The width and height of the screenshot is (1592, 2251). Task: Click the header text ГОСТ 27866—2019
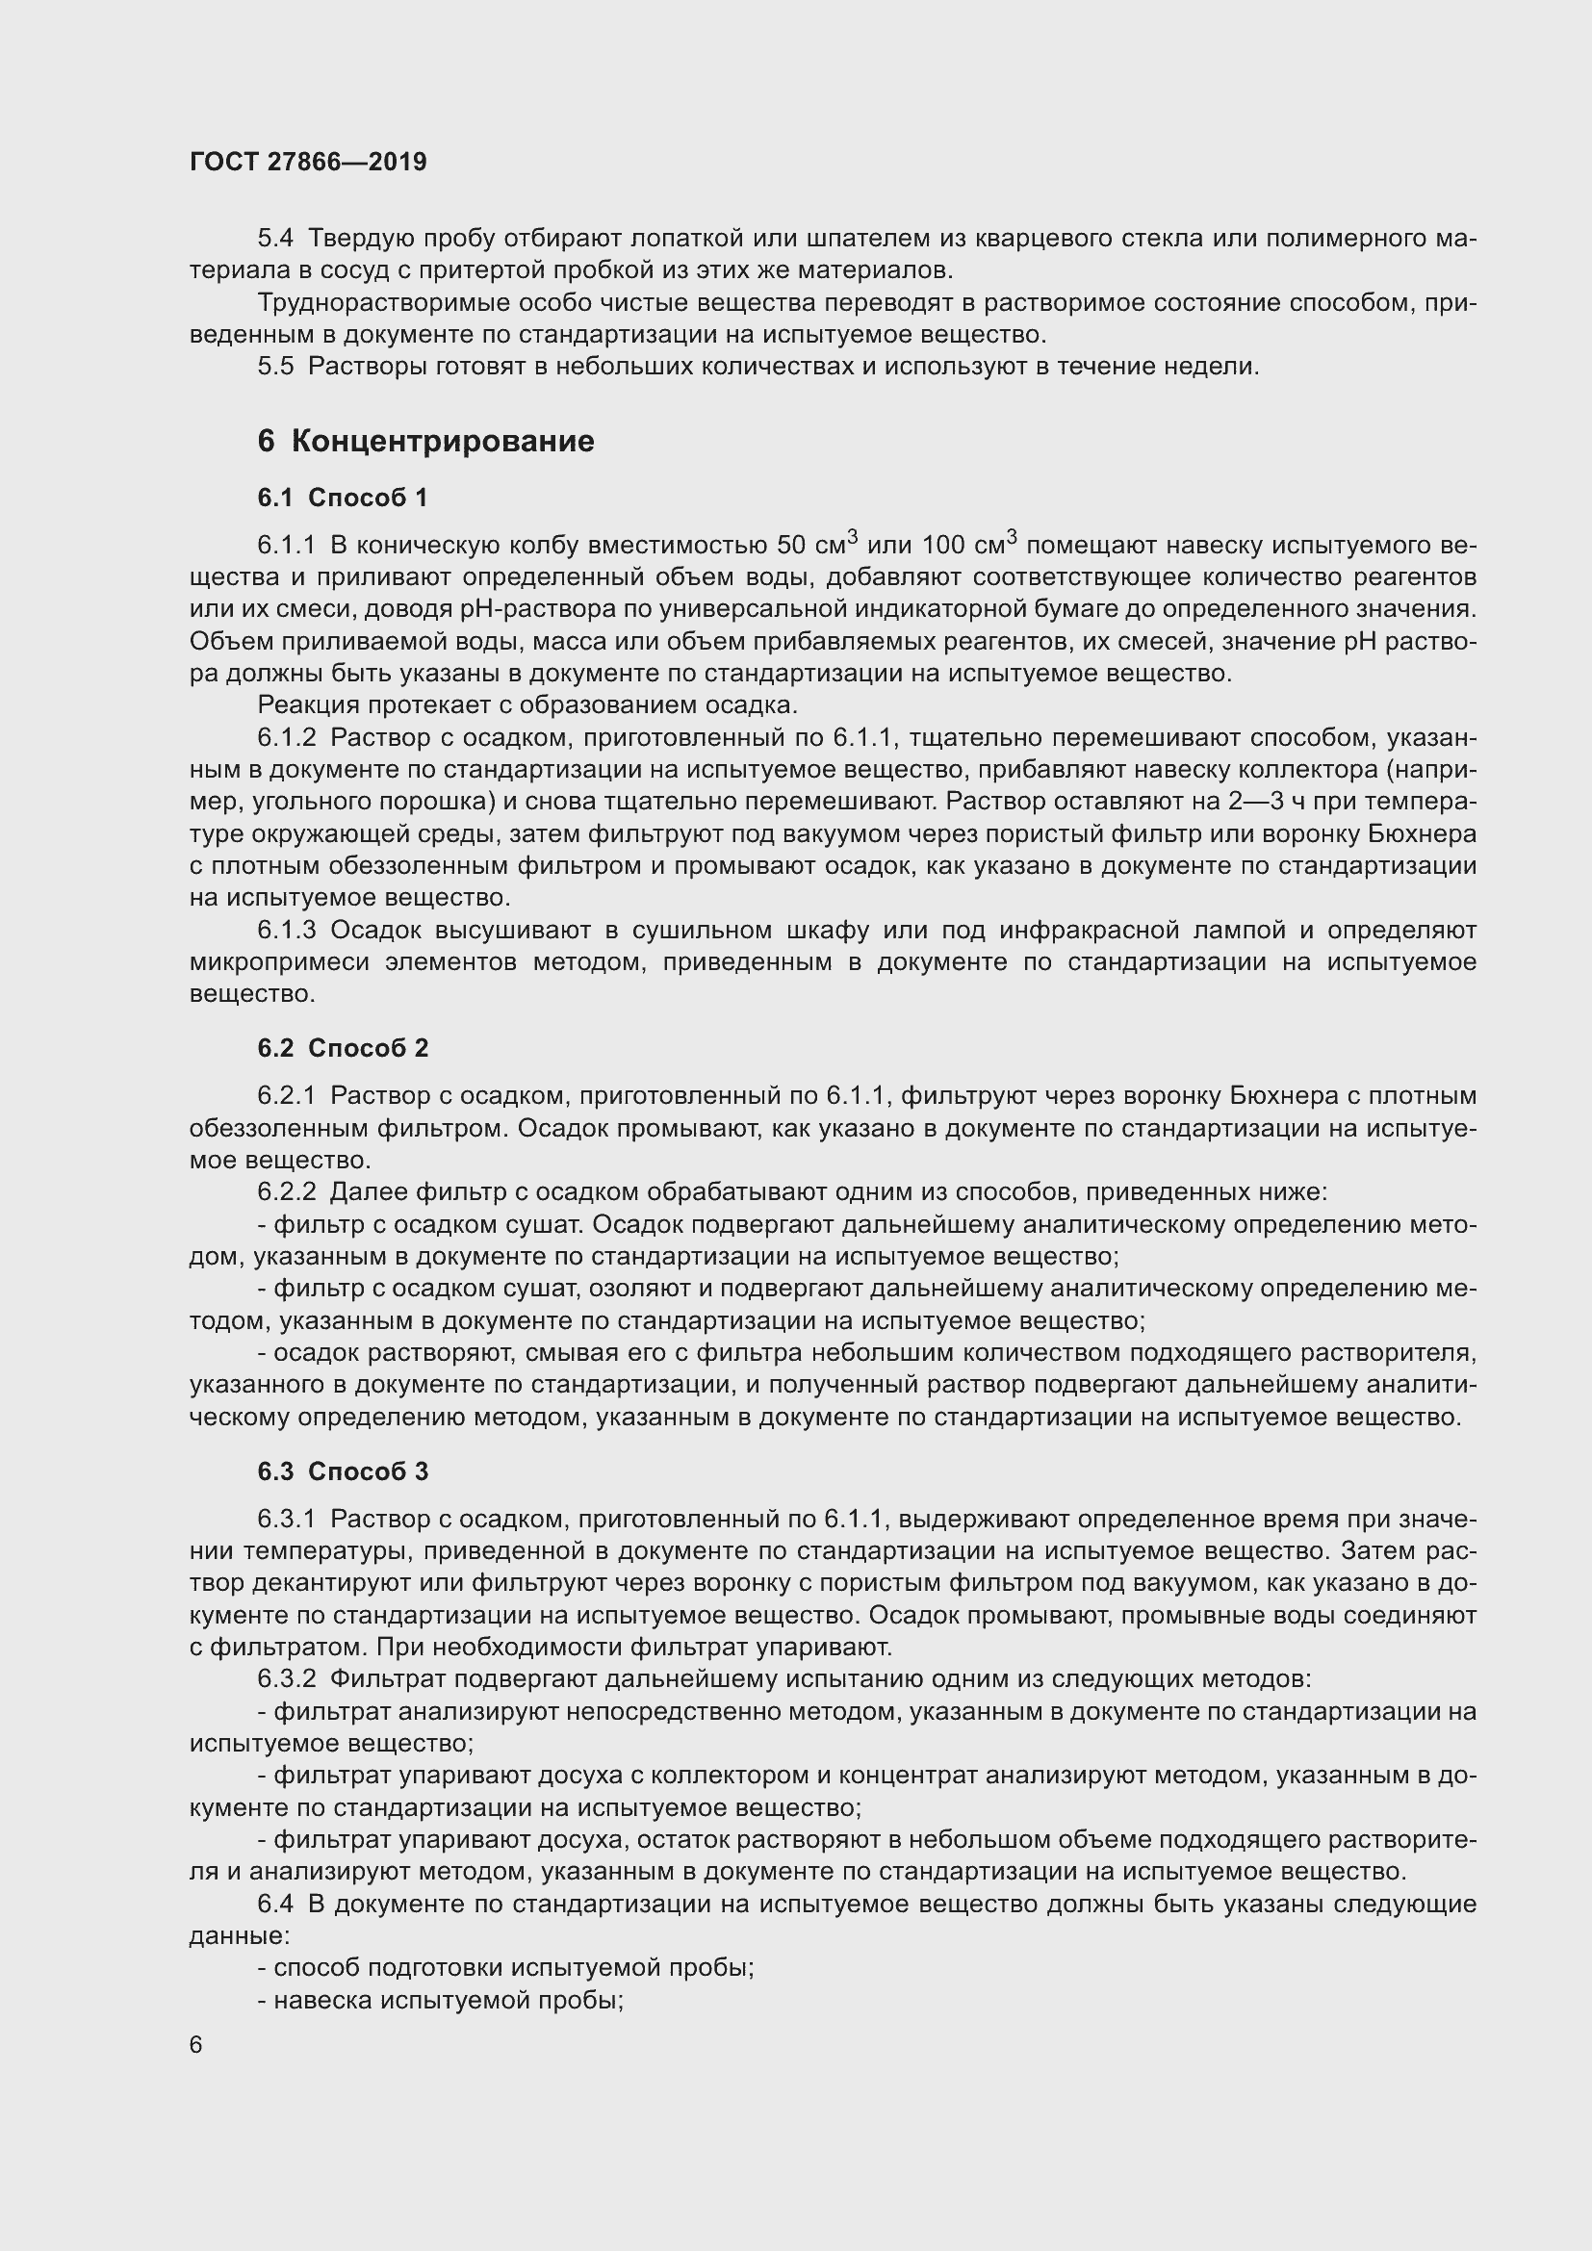tap(308, 162)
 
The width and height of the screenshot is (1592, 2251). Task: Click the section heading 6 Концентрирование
tap(425, 441)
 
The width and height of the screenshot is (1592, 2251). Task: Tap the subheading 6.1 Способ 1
tap(342, 499)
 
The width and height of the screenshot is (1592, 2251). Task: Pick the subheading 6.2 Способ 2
tap(342, 1048)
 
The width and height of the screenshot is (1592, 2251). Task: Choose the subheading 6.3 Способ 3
tap(342, 1471)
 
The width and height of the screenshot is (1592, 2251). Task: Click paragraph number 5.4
tap(275, 239)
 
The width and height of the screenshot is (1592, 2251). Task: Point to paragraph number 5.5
tap(275, 367)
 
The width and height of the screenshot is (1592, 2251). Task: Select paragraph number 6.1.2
tap(286, 737)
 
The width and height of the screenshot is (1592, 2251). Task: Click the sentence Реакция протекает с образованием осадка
tap(527, 704)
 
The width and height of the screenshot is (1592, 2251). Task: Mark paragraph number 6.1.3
tap(286, 930)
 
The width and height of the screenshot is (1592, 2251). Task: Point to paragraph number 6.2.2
tap(286, 1192)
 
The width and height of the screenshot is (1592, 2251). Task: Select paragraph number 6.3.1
tap(286, 1519)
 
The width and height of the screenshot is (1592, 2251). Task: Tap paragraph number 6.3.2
tap(286, 1679)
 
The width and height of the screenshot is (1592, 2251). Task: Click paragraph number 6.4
tap(275, 1905)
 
